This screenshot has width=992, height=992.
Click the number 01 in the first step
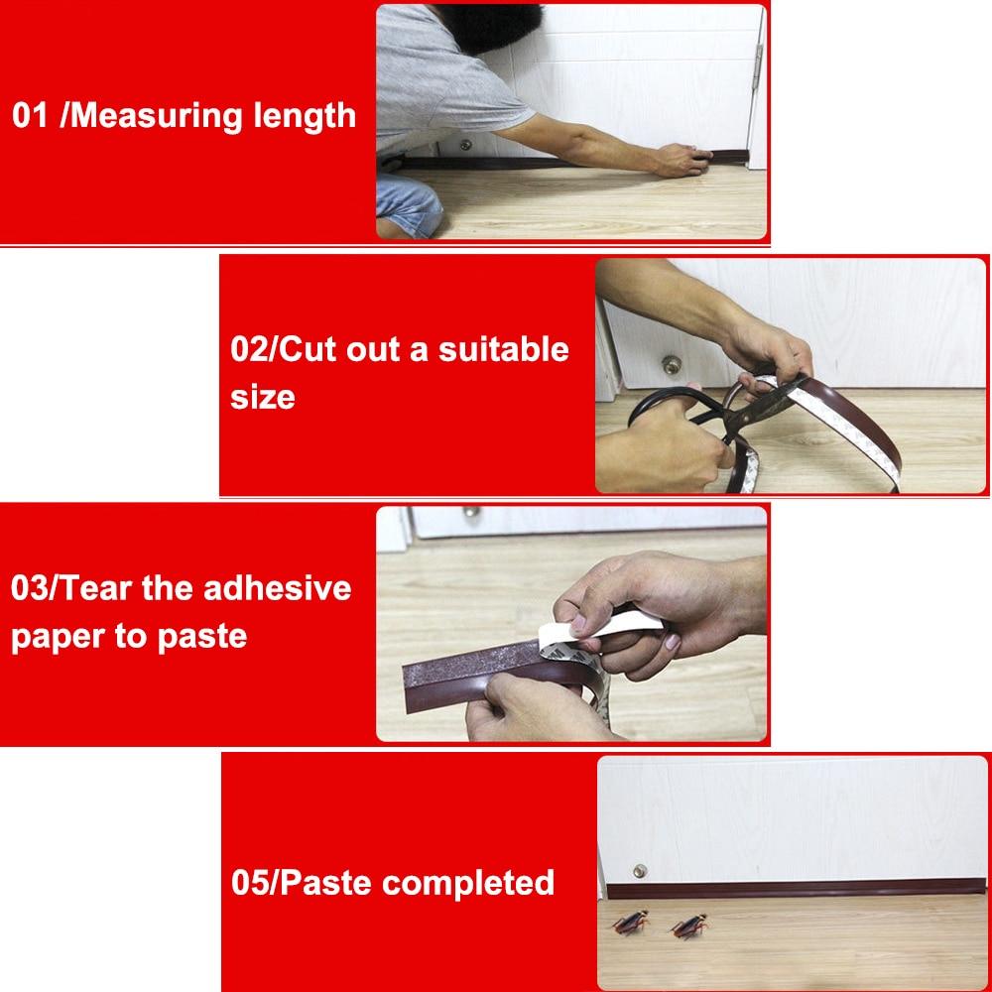[x=30, y=115]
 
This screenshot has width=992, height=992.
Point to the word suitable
[x=504, y=349]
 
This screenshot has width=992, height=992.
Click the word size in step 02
[x=262, y=397]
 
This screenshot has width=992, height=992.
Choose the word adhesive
[x=277, y=587]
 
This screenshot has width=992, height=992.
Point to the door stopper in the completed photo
[x=639, y=870]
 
